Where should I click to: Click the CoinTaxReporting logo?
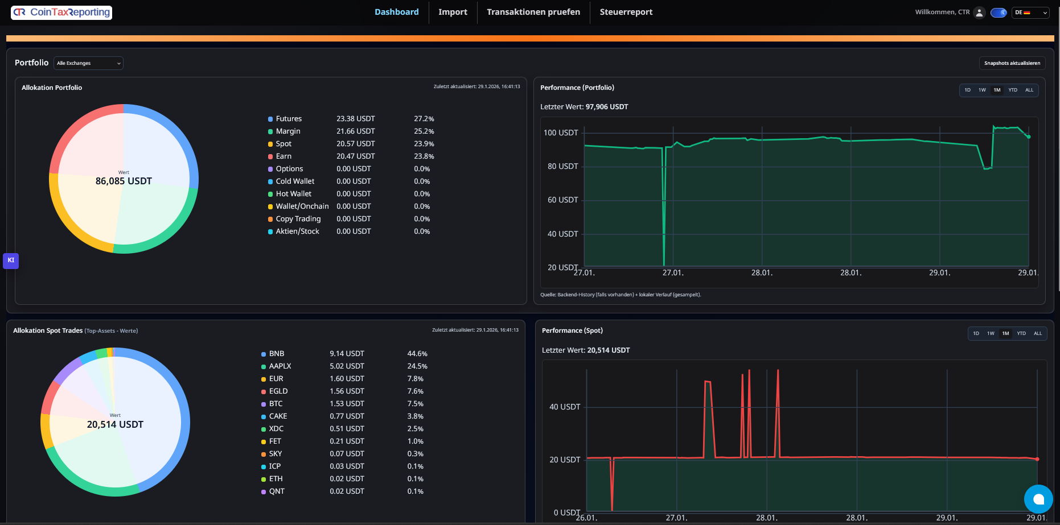tap(61, 13)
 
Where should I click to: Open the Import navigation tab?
tap(453, 12)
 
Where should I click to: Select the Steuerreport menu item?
tap(626, 12)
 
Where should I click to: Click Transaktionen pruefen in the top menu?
tap(533, 12)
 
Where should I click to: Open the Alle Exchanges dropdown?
tap(88, 63)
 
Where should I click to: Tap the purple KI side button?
tap(11, 261)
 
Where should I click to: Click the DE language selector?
tap(1030, 13)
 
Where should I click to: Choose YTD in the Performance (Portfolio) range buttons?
tap(1012, 90)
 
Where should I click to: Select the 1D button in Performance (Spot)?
tap(976, 333)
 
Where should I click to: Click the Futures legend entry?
tap(289, 119)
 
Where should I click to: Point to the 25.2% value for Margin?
tap(424, 131)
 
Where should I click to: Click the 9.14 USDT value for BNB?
tap(347, 354)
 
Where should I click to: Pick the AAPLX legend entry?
tap(280, 366)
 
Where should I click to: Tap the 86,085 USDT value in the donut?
tap(124, 181)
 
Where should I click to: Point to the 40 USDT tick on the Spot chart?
tap(564, 407)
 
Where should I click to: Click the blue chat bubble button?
tap(1038, 499)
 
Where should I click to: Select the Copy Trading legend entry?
tap(298, 219)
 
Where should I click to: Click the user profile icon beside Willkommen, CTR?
tap(979, 13)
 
